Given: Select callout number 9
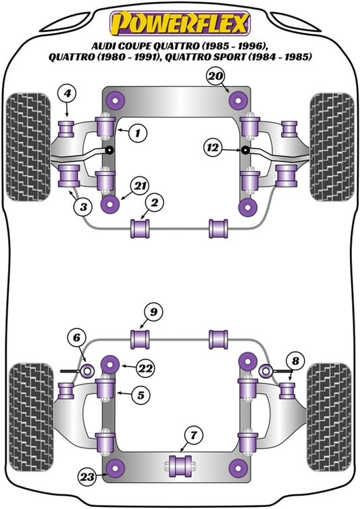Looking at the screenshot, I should click(154, 312).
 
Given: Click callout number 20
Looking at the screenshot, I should click(215, 77).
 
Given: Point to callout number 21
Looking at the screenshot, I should click(140, 185).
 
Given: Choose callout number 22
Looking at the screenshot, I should click(145, 368).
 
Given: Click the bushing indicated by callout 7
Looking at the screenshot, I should click(180, 466).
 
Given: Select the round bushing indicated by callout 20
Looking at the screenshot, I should click(237, 101).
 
